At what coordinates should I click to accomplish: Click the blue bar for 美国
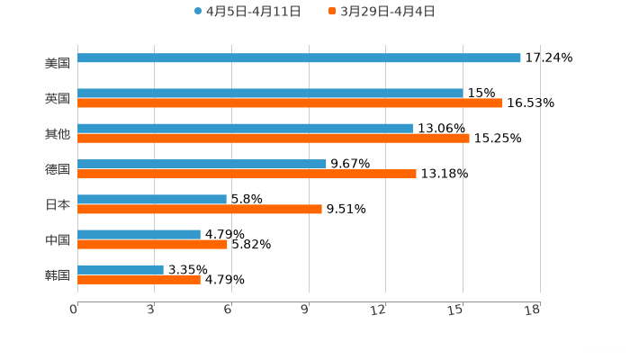(299, 58)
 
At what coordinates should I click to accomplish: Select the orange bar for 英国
(290, 103)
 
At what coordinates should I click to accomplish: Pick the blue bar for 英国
(270, 93)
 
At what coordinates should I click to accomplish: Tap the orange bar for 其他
(274, 138)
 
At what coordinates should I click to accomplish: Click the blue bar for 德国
(202, 164)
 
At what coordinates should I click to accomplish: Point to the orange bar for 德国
(247, 174)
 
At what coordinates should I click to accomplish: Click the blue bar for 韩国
(121, 269)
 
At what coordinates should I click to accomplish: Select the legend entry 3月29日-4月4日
(387, 12)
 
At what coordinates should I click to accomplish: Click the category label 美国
(58, 63)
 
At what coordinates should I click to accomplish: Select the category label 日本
(58, 204)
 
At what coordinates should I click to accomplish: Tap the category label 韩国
(58, 274)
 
